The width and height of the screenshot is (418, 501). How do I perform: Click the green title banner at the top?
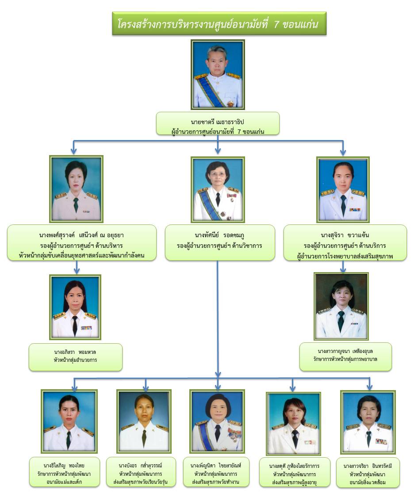pyautogui.click(x=219, y=24)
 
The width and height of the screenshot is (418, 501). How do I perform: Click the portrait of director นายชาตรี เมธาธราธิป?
pyautogui.click(x=218, y=74)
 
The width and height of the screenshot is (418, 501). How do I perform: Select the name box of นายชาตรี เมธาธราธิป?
pyautogui.click(x=218, y=123)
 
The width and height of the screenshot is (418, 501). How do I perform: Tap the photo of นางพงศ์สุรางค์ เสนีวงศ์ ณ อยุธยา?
pyautogui.click(x=76, y=189)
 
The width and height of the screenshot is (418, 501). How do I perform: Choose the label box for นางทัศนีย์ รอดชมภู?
pyautogui.click(x=219, y=242)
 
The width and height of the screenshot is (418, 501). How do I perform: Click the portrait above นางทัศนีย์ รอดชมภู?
pyautogui.click(x=218, y=189)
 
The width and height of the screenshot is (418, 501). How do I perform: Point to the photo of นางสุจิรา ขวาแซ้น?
pyautogui.click(x=343, y=189)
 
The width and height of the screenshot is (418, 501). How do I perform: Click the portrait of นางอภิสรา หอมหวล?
pyautogui.click(x=75, y=307)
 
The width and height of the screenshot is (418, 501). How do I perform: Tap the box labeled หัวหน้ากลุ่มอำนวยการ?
pyautogui.click(x=75, y=357)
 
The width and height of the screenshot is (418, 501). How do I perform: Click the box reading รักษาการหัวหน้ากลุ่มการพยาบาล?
pyautogui.click(x=345, y=356)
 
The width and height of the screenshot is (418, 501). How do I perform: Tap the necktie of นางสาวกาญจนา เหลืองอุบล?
pyautogui.click(x=341, y=320)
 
